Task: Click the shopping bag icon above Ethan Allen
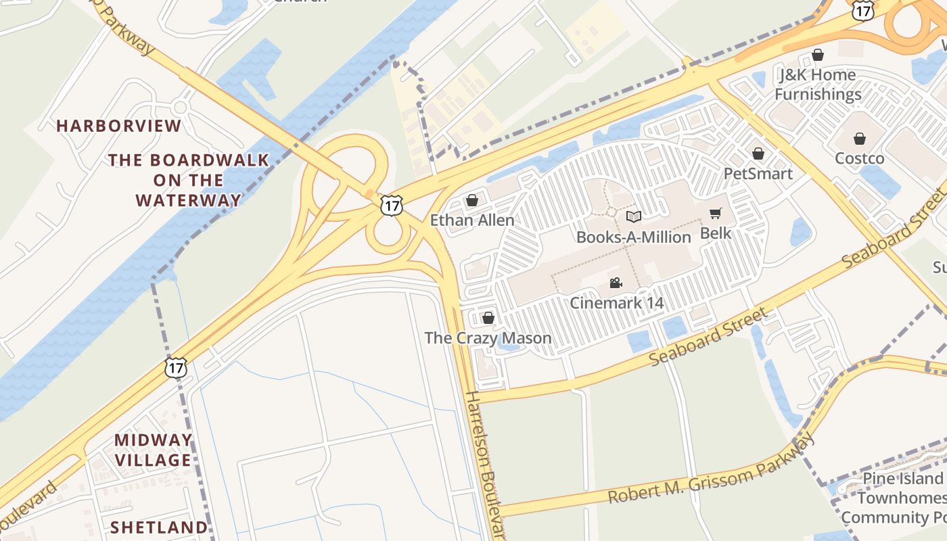pos(472,200)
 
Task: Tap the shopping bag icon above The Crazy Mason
pos(488,317)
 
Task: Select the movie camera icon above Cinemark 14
pos(616,283)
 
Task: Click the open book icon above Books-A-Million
pos(633,216)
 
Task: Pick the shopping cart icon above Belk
pos(715,214)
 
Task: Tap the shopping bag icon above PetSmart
pos(758,154)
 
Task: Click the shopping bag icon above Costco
pos(859,139)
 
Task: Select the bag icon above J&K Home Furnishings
pos(818,55)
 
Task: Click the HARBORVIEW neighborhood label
pos(119,126)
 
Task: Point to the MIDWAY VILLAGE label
pos(153,450)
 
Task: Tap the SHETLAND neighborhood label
pos(159,527)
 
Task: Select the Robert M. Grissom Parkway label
pos(710,469)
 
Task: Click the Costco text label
pos(859,158)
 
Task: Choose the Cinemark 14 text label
pos(617,302)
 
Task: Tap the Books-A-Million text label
pos(633,237)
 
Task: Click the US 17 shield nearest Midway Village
pos(176,367)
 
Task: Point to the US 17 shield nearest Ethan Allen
pos(391,205)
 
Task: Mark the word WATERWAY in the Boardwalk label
pos(189,200)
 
